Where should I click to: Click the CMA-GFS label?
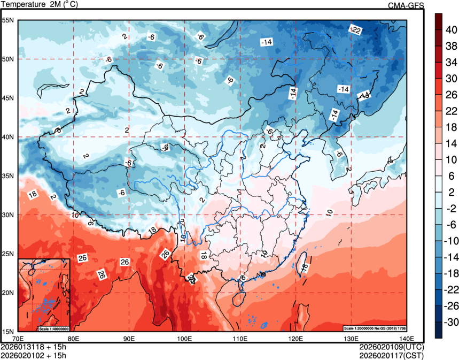point(406,5)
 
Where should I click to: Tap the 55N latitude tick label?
point(9,20)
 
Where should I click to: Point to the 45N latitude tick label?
point(9,98)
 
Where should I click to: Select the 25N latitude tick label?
point(9,254)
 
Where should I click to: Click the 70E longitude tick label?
point(18,339)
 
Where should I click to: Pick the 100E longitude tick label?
point(184,339)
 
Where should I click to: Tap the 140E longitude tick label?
point(407,339)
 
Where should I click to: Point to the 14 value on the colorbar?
point(450,143)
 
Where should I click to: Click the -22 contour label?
point(355,30)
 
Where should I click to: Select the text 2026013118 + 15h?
point(33,347)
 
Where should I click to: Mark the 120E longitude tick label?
point(295,339)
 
